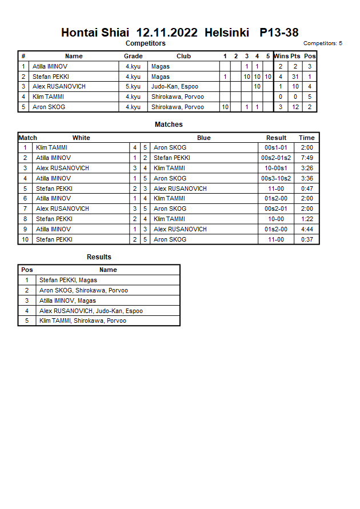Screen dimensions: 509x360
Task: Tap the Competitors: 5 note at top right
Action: (x=322, y=43)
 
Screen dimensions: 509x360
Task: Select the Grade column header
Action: (x=133, y=56)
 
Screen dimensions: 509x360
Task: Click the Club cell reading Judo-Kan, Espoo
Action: (x=174, y=87)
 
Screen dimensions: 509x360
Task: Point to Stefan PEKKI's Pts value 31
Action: (x=295, y=77)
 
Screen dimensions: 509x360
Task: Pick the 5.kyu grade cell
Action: (x=133, y=87)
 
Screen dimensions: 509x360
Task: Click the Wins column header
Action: (x=281, y=56)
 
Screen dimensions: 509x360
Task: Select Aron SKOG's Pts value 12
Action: (x=295, y=107)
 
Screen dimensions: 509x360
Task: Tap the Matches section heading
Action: (x=169, y=125)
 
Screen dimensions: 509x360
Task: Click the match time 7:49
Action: (x=307, y=158)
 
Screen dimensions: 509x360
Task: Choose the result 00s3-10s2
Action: (x=276, y=178)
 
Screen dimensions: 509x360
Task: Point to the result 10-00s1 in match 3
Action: (x=276, y=168)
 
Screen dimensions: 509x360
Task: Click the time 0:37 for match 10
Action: (x=307, y=239)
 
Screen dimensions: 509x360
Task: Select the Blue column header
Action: (x=204, y=138)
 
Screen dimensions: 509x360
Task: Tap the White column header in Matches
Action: (x=81, y=138)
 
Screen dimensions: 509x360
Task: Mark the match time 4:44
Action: (x=307, y=229)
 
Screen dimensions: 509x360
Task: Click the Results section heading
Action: (x=99, y=257)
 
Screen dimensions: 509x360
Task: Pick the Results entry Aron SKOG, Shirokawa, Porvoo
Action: (x=83, y=290)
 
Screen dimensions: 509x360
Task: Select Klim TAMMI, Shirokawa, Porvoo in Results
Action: (x=82, y=320)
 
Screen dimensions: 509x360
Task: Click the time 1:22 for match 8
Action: (x=307, y=219)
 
